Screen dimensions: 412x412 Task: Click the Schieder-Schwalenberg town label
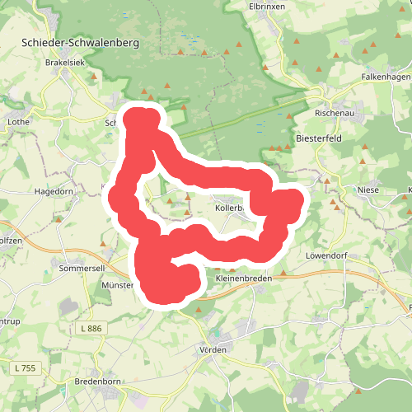pyautogui.click(x=80, y=41)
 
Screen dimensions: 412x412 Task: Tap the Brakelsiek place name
pyautogui.click(x=65, y=62)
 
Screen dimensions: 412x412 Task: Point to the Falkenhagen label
pyautogui.click(x=385, y=76)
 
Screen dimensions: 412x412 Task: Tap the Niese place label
pyautogui.click(x=368, y=190)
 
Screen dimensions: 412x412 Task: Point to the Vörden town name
pyautogui.click(x=213, y=349)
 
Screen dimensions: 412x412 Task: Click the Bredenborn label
pyautogui.click(x=98, y=382)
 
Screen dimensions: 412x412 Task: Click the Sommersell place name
pyautogui.click(x=80, y=269)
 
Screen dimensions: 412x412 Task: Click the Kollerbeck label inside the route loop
pyautogui.click(x=228, y=208)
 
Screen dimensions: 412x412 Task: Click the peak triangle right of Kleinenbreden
pyautogui.click(x=285, y=273)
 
